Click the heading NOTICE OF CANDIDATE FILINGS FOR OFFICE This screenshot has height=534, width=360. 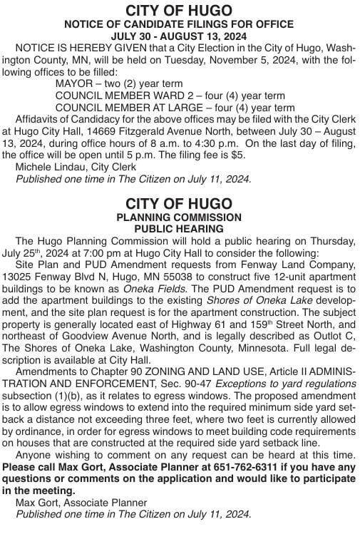click(x=179, y=24)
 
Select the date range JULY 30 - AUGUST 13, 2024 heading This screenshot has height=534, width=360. click(x=179, y=36)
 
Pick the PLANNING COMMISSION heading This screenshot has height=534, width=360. click(x=179, y=217)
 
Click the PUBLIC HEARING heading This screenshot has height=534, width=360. click(x=179, y=229)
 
